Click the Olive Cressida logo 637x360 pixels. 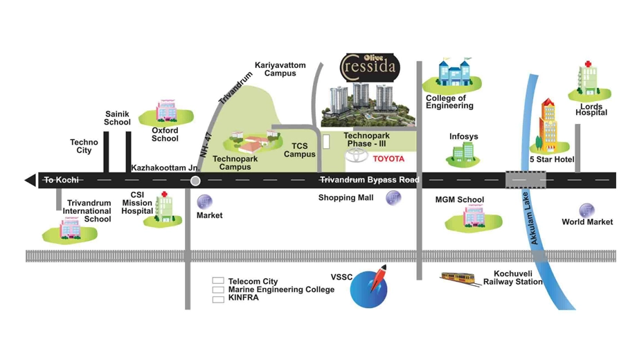[370, 67]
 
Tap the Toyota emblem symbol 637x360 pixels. [357, 155]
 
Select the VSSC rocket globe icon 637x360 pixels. [369, 287]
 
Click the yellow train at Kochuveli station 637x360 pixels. [458, 278]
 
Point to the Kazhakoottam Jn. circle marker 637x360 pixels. [195, 181]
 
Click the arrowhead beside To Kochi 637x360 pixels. [30, 180]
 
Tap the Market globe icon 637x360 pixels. [204, 202]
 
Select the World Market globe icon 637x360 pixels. [586, 210]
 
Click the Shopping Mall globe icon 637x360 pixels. [393, 198]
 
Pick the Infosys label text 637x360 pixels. [463, 136]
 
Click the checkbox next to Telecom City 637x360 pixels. [218, 281]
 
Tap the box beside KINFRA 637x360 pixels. [218, 300]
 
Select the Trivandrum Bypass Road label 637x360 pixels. [369, 180]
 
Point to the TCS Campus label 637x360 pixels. [299, 150]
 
